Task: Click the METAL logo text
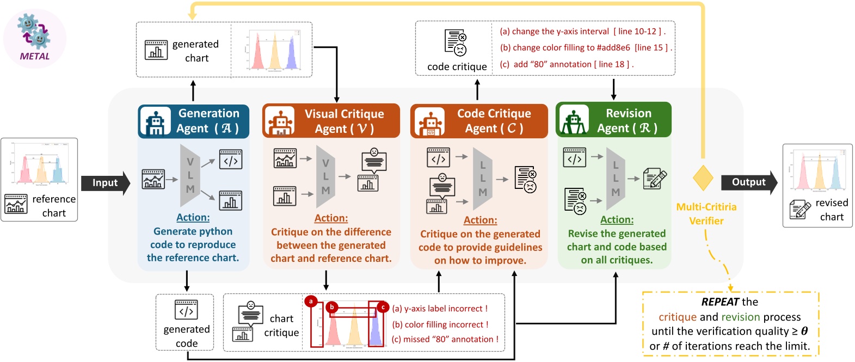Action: pos(34,56)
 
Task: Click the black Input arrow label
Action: pos(104,183)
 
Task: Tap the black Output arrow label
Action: pos(748,182)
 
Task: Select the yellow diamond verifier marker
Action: pos(703,178)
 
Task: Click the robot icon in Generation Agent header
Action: pos(156,121)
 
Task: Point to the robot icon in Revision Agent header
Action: pos(574,121)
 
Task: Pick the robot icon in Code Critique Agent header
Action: pos(429,122)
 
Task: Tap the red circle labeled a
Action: pos(311,301)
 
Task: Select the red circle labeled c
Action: pos(383,307)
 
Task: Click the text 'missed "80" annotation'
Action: pos(445,339)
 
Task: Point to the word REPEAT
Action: pos(720,302)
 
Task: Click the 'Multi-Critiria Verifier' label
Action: pos(706,214)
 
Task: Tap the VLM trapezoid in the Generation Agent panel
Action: pos(190,175)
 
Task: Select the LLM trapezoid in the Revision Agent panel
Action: pos(616,179)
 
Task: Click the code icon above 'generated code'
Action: pos(186,310)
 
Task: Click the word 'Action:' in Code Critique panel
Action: pos(480,220)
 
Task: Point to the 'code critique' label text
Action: pos(457,67)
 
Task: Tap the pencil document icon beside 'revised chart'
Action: pos(800,210)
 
